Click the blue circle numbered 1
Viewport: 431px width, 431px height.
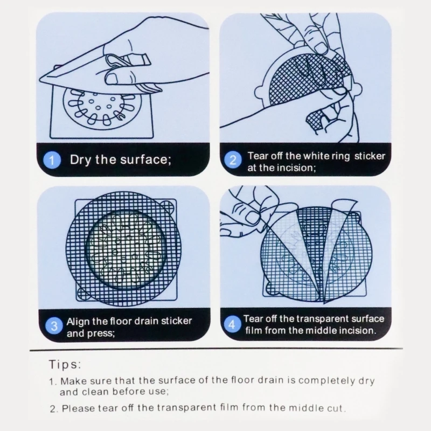point(52,160)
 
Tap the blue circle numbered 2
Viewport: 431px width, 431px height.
point(233,159)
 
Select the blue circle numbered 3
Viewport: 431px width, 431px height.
point(54,326)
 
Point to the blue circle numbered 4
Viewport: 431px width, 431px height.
point(232,324)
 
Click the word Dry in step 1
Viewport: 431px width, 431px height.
point(80,160)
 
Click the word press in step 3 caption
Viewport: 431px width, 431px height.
point(101,333)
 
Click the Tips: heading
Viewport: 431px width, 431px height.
point(65,365)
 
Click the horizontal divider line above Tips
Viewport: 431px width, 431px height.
point(216,349)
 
